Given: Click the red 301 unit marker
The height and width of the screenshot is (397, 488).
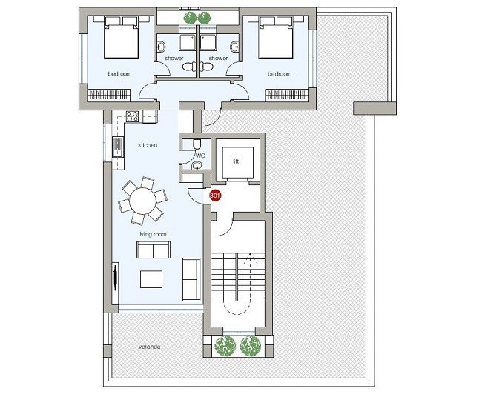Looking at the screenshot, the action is pyautogui.click(x=215, y=196).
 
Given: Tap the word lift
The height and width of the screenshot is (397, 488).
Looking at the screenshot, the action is pyautogui.click(x=236, y=161).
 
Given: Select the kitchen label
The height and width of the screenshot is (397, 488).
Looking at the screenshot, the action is pyautogui.click(x=148, y=145).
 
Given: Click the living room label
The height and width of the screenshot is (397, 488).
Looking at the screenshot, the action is pyautogui.click(x=152, y=234).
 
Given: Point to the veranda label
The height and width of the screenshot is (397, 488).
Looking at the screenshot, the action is pyautogui.click(x=149, y=347).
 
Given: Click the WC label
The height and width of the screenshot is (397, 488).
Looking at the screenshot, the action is pyautogui.click(x=200, y=156).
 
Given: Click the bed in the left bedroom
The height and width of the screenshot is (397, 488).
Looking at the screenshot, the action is pyautogui.click(x=121, y=38).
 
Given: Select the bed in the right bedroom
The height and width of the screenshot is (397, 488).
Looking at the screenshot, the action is pyautogui.click(x=276, y=38).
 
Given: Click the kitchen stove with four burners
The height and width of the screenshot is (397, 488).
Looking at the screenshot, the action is pyautogui.click(x=132, y=116).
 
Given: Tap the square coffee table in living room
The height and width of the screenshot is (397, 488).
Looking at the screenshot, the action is pyautogui.click(x=151, y=279).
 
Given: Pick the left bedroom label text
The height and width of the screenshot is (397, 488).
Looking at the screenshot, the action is pyautogui.click(x=119, y=73).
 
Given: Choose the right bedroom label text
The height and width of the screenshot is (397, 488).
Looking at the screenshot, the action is pyautogui.click(x=280, y=73).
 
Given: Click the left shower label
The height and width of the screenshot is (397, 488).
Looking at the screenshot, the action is pyautogui.click(x=174, y=58).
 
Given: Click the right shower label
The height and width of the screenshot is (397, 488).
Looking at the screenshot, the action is pyautogui.click(x=218, y=58).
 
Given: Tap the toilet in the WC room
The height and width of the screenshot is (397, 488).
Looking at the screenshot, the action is pyautogui.click(x=197, y=144).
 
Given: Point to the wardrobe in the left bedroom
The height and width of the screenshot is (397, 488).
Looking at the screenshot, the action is pyautogui.click(x=109, y=95).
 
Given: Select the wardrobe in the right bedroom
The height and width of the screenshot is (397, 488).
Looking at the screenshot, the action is pyautogui.click(x=286, y=95).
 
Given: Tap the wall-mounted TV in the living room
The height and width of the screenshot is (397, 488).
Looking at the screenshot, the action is pyautogui.click(x=115, y=276).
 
